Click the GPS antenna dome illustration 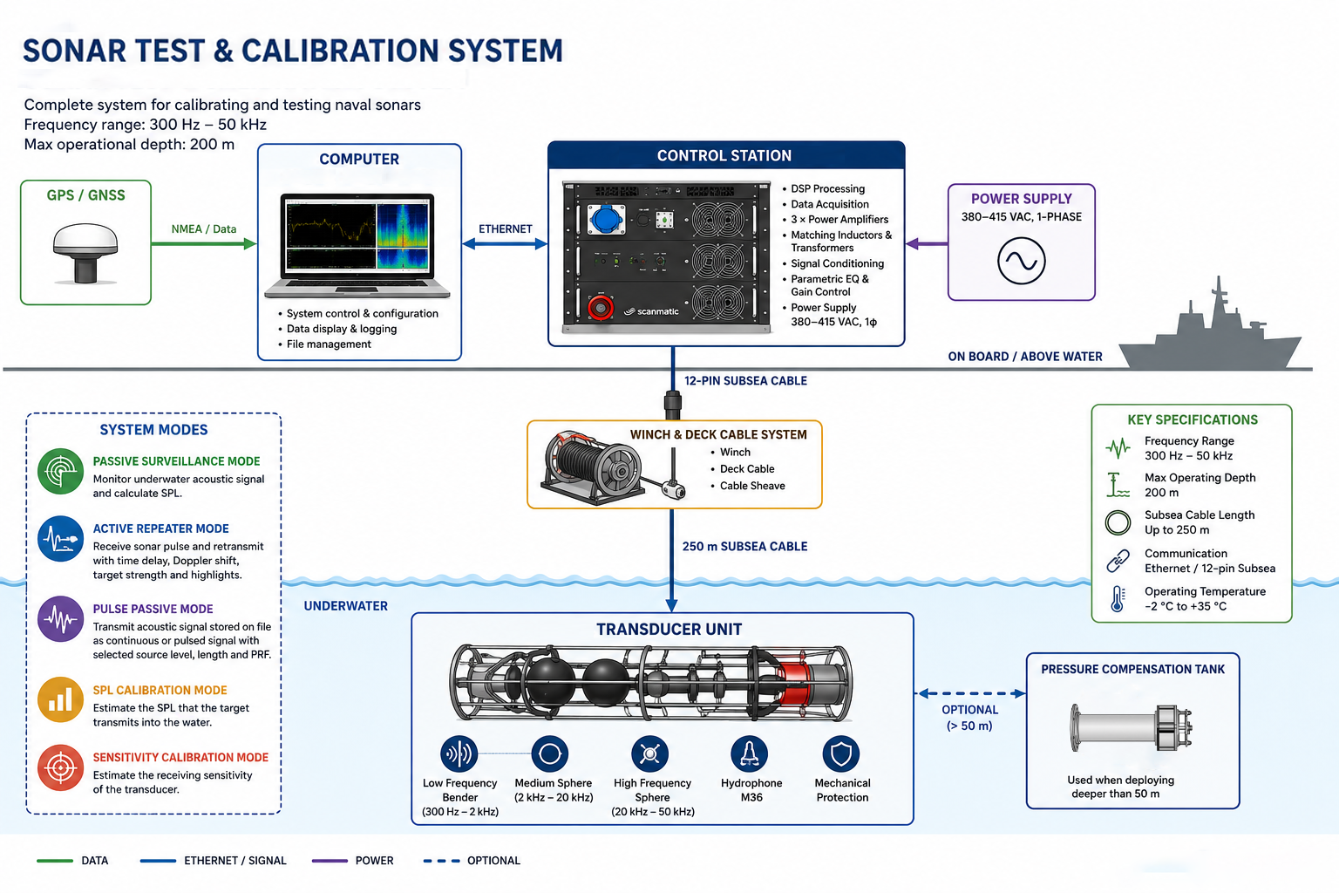85,252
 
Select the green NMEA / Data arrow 204,243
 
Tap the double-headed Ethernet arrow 505,243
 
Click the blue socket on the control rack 606,220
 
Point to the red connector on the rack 600,308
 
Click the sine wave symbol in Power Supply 1021,261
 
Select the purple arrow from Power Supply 927,243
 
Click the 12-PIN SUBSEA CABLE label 745,381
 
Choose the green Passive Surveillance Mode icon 60,471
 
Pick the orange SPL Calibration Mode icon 60,699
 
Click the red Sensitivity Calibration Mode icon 60,767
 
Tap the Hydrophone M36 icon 749,753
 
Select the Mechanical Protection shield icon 841,753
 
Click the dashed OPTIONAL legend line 442,861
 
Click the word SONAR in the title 75,51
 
